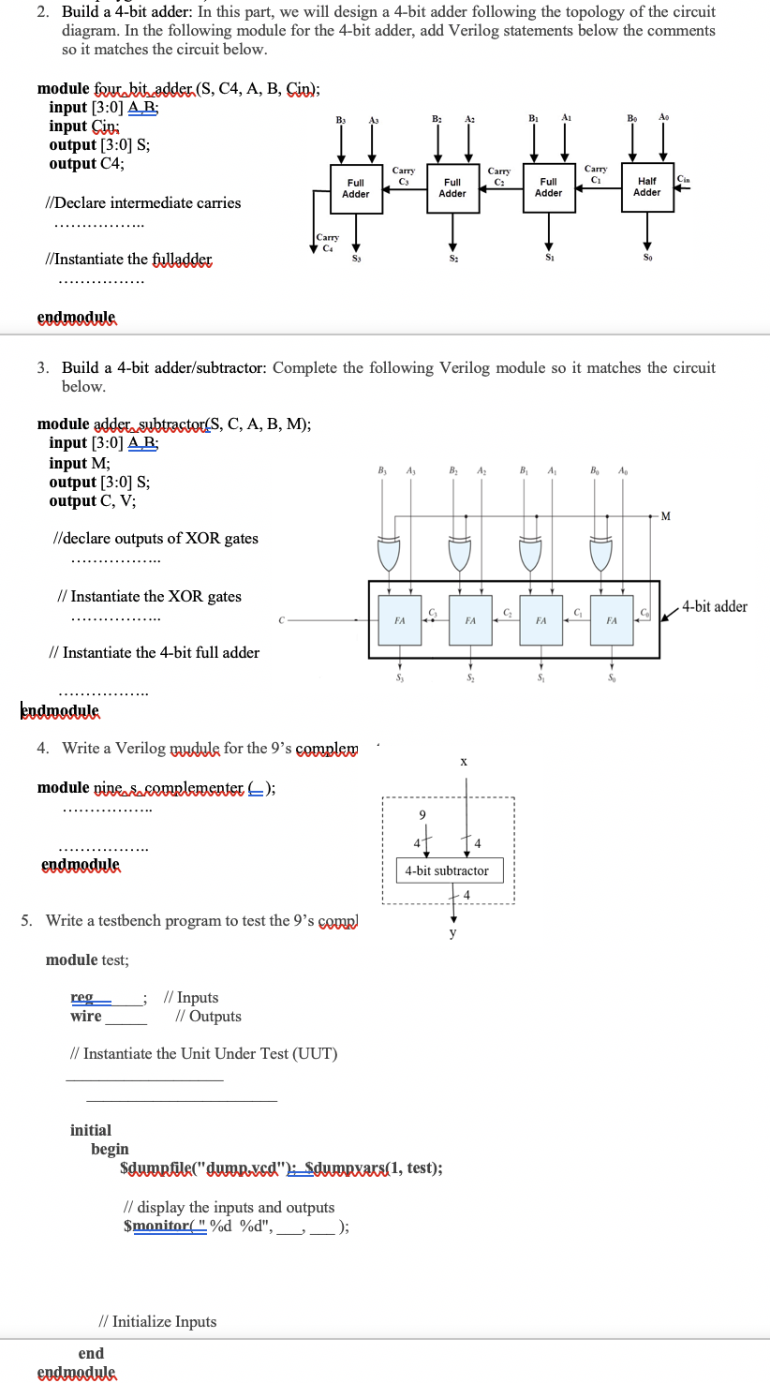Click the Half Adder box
pyautogui.click(x=647, y=186)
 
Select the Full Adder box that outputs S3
pyautogui.click(x=356, y=187)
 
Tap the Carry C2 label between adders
pyautogui.click(x=499, y=176)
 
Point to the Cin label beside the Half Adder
pyautogui.click(x=683, y=180)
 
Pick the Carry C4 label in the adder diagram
pyautogui.click(x=327, y=243)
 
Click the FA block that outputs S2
pyautogui.click(x=470, y=620)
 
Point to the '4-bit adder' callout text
pyautogui.click(x=715, y=606)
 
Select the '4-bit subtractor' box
pyautogui.click(x=447, y=870)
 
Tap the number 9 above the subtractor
pyautogui.click(x=422, y=815)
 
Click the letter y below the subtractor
pyautogui.click(x=453, y=932)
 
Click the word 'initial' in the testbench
pyautogui.click(x=91, y=1130)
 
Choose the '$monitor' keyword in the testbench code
pyautogui.click(x=155, y=1225)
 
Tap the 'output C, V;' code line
pyautogui.click(x=92, y=500)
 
